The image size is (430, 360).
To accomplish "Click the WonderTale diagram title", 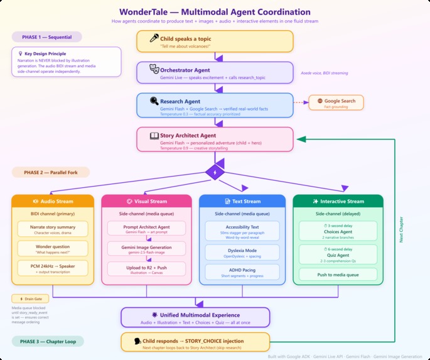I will point(215,11).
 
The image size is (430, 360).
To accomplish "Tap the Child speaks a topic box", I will point(215,41).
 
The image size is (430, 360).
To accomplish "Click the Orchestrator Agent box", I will point(215,72).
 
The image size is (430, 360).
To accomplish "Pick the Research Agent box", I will point(215,104).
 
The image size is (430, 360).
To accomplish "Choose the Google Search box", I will point(336,103).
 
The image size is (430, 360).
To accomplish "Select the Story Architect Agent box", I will point(215,139).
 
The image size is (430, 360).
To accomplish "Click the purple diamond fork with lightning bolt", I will point(215,172).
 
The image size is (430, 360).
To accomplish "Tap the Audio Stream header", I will point(52,202).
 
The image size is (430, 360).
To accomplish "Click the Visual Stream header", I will point(146,202).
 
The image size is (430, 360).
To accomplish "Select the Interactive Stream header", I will point(337,202).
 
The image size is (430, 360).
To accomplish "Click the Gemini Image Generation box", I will point(146,250).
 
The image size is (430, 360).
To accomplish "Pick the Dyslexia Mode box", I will point(242,252).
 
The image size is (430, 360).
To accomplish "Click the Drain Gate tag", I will point(26,298).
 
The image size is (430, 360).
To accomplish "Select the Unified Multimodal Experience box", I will point(195,317).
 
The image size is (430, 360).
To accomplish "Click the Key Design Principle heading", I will point(44,54).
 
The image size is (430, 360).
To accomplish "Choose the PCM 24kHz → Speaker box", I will point(52,268).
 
